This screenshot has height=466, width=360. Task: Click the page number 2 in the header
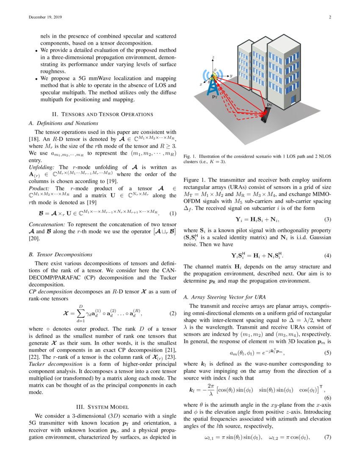pyautogui.click(x=329, y=17)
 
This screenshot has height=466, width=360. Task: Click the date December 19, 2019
pyautogui.click(x=45, y=17)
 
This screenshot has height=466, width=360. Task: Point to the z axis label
pyautogui.click(x=213, y=56)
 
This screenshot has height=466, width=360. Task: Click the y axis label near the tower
pyautogui.click(x=232, y=75)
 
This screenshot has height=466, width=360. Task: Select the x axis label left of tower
pyautogui.click(x=201, y=84)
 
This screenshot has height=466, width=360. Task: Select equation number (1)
pyautogui.click(x=172, y=213)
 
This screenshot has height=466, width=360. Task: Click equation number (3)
pyautogui.click(x=327, y=219)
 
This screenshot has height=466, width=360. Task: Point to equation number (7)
pyautogui.click(x=327, y=437)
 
